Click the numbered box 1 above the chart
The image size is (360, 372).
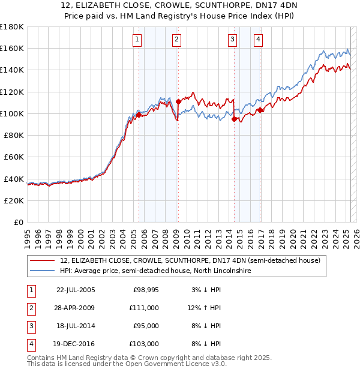137,40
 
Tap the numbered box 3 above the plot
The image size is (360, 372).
232,40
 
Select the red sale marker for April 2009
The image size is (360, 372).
178,101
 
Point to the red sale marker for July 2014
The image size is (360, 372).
234,119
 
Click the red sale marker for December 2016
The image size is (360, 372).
260,110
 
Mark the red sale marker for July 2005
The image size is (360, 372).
139,115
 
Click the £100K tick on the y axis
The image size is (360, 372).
12,113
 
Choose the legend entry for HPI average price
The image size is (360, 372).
155,271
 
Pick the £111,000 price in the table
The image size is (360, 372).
144,308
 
